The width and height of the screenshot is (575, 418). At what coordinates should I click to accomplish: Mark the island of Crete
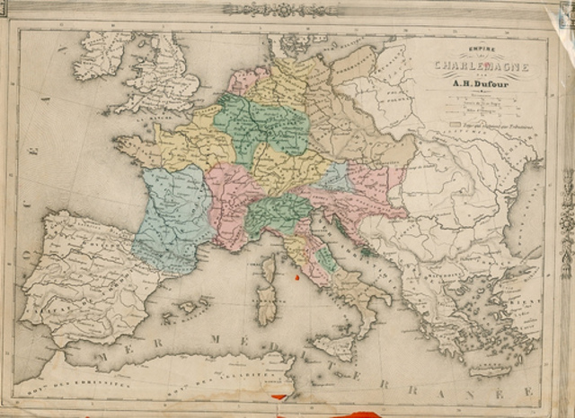coord(490,369)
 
